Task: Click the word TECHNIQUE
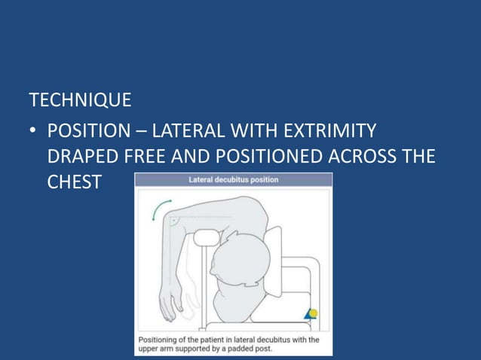(x=80, y=100)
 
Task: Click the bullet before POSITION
(x=33, y=133)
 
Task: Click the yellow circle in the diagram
(x=314, y=313)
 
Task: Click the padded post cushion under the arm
(x=204, y=238)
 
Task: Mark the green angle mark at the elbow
(x=174, y=221)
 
